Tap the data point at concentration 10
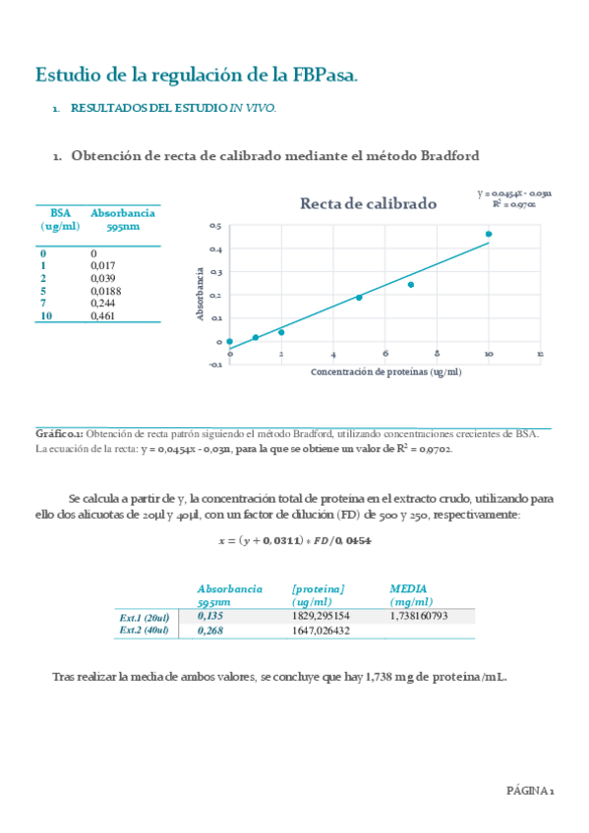(x=489, y=234)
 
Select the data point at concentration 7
(x=410, y=285)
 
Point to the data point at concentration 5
(x=359, y=297)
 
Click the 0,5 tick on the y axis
(x=216, y=227)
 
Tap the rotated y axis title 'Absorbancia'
(x=201, y=295)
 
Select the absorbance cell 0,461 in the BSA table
(x=102, y=316)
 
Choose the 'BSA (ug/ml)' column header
(x=61, y=219)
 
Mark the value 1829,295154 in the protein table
(x=322, y=616)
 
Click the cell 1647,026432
(x=322, y=631)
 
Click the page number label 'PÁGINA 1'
(x=531, y=790)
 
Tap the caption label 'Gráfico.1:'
(x=59, y=434)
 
